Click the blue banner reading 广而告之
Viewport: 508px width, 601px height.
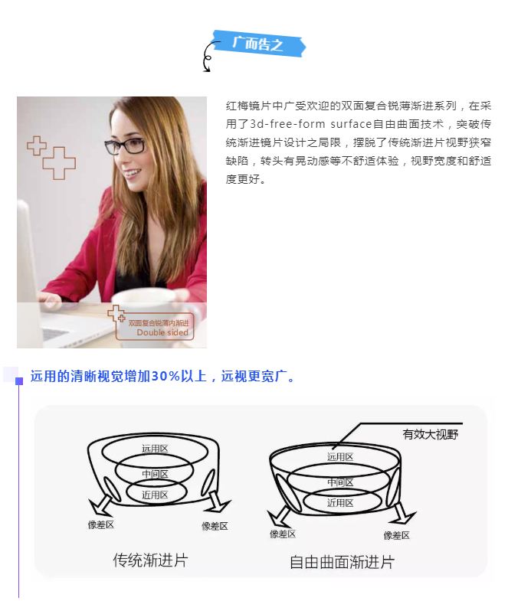pyautogui.click(x=260, y=44)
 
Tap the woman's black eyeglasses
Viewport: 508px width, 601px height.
pyautogui.click(x=125, y=145)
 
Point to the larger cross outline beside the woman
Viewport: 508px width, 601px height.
pyautogui.click(x=59, y=163)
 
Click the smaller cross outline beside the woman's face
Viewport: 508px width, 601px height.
pyautogui.click(x=37, y=145)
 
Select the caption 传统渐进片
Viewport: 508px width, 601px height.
pyautogui.click(x=150, y=560)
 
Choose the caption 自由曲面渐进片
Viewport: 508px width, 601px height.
pyautogui.click(x=342, y=562)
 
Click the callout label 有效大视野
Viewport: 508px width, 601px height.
pyautogui.click(x=430, y=435)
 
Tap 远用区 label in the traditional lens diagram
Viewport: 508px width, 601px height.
pyautogui.click(x=155, y=449)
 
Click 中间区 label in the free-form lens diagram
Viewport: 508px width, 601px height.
pyautogui.click(x=340, y=482)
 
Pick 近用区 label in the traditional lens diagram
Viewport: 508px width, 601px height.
pyautogui.click(x=155, y=495)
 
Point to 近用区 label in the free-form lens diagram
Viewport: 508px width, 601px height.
pyautogui.click(x=340, y=503)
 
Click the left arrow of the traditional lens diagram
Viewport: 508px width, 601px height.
pyautogui.click(x=100, y=505)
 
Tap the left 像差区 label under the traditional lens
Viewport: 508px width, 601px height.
pyautogui.click(x=101, y=524)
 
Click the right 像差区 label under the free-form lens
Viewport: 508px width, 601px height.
pyautogui.click(x=397, y=535)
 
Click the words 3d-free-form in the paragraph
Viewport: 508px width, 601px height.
pyautogui.click(x=288, y=124)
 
